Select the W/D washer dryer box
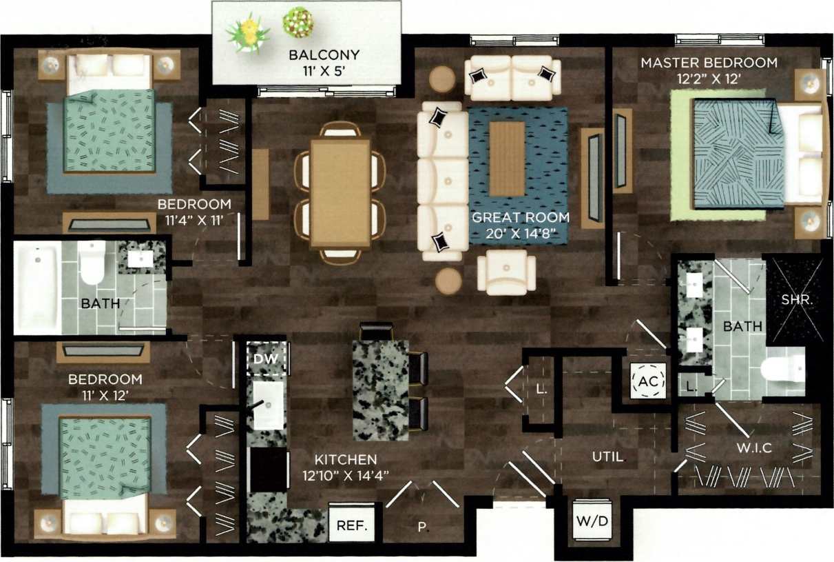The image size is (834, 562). point(592,520)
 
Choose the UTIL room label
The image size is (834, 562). point(609,456)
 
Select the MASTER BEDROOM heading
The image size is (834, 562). point(709,63)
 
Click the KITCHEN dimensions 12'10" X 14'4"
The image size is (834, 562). point(346,474)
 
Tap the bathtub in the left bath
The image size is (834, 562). point(38,290)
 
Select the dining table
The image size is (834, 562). point(340,192)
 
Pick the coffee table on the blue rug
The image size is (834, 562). point(507,159)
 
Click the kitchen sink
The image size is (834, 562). point(267,401)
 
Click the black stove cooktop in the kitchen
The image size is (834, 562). point(269,470)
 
